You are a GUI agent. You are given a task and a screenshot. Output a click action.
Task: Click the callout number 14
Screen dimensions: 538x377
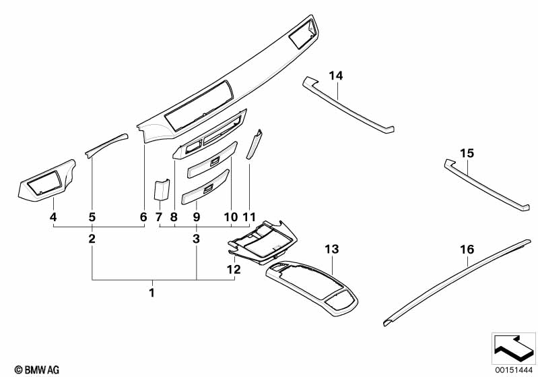tap(336, 76)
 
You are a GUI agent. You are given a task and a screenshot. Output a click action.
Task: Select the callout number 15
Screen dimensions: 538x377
tap(467, 153)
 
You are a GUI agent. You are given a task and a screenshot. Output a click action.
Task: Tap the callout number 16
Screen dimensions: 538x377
tap(467, 250)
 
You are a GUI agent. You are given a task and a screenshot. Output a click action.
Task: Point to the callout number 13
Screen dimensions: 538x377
tap(332, 249)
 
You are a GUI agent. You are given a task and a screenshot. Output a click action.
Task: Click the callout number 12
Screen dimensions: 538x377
tap(234, 270)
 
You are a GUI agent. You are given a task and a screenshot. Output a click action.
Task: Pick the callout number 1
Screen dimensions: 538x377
tap(152, 293)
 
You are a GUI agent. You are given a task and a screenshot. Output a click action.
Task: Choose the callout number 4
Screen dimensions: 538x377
tap(53, 217)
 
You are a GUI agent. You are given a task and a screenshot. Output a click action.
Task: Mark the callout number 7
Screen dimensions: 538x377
tap(158, 217)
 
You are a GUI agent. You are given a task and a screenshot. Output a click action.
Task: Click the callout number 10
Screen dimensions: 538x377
tap(231, 217)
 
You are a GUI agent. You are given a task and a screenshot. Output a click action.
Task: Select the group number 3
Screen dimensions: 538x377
tap(196, 239)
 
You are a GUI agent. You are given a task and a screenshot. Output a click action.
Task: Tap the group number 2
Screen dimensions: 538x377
tap(92, 239)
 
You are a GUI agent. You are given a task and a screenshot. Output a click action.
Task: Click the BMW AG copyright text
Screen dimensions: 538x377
tap(37, 370)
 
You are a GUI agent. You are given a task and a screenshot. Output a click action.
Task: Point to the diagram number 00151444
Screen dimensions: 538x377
tap(513, 370)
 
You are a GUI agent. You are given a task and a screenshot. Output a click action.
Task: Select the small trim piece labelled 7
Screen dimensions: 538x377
tap(162, 190)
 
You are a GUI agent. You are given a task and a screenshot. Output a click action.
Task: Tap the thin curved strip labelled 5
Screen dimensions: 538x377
tap(106, 145)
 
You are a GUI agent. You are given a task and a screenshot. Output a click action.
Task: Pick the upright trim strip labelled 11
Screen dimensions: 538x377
tap(255, 144)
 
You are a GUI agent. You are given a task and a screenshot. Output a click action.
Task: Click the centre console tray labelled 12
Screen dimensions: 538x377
tap(263, 242)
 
